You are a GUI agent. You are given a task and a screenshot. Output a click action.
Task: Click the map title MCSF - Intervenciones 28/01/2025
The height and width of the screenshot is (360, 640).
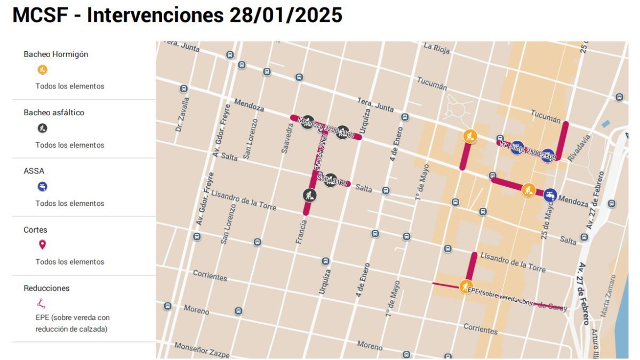pos(177,15)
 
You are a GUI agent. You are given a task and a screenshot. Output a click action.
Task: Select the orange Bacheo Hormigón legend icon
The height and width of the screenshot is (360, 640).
pos(43,69)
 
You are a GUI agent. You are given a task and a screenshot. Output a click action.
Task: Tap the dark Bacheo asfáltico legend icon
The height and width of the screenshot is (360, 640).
pos(43,128)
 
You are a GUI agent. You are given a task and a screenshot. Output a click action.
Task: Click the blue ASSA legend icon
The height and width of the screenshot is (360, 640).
pos(43,187)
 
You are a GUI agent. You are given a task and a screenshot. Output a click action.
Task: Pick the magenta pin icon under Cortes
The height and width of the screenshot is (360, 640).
pos(43,245)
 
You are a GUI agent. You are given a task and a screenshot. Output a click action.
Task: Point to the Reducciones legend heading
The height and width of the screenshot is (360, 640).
pos(47,288)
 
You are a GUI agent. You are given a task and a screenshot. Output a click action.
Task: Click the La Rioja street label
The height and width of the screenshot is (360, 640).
pos(437,48)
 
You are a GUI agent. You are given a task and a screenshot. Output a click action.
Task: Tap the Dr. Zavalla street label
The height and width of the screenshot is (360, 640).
pos(182,114)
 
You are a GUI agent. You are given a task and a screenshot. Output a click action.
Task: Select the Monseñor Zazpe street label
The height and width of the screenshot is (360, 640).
pos(202,350)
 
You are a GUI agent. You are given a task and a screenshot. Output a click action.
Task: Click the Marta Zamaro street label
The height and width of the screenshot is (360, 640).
pos(609,297)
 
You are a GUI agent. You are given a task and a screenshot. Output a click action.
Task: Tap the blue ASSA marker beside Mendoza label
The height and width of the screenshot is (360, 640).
pos(550,195)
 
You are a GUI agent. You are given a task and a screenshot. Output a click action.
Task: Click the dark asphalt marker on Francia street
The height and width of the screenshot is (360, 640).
pos(309,195)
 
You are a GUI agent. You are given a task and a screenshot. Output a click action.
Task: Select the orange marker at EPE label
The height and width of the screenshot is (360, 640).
pos(466,286)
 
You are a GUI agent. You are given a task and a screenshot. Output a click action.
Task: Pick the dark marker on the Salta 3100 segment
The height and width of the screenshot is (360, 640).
pos(331,180)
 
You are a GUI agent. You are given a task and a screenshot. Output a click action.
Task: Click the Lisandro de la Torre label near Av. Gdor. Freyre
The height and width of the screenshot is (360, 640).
pos(244,200)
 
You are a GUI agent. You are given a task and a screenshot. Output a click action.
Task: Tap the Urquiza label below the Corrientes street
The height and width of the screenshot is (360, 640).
pos(325,281)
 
